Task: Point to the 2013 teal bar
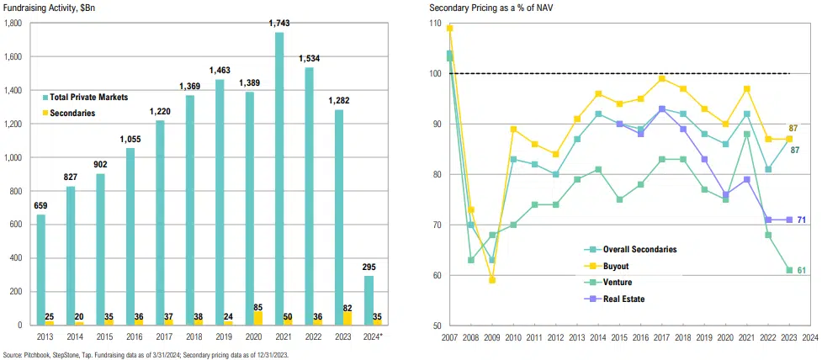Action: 41,269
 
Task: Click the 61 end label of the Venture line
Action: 802,270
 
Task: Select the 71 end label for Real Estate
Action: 802,220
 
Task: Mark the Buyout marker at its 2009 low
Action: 493,280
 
